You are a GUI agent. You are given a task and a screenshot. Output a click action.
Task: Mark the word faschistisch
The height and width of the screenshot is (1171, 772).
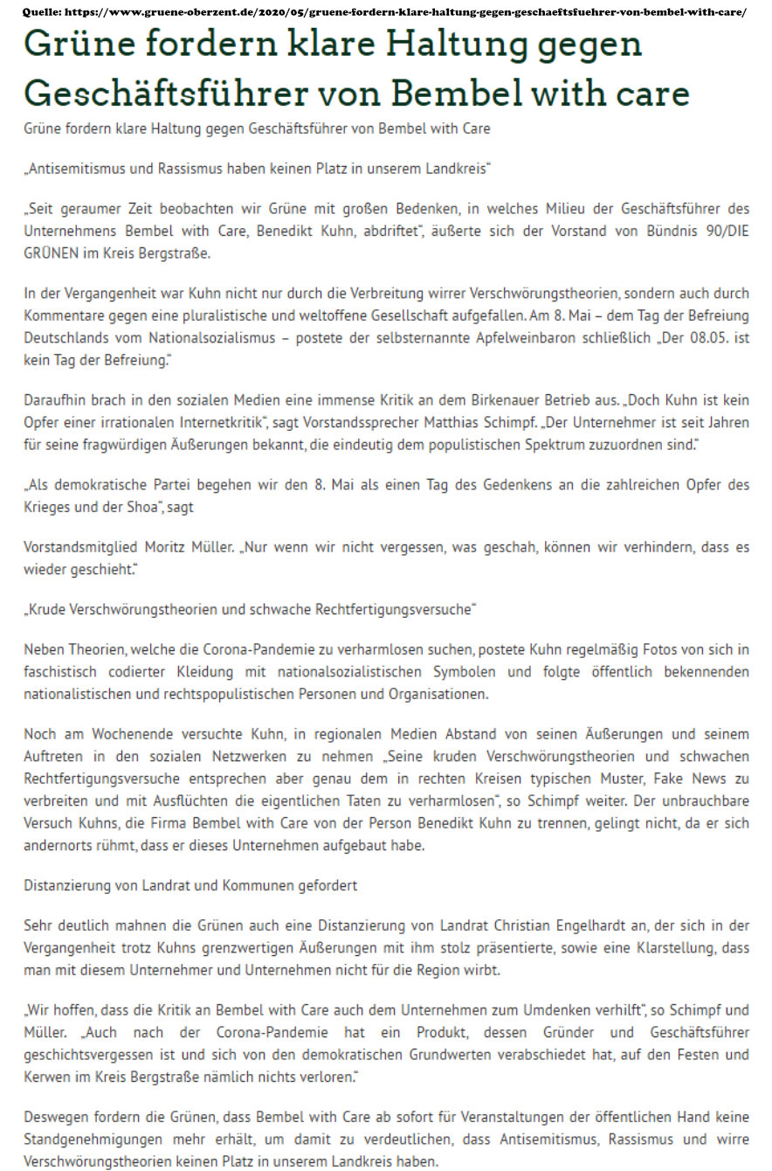coord(62,674)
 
